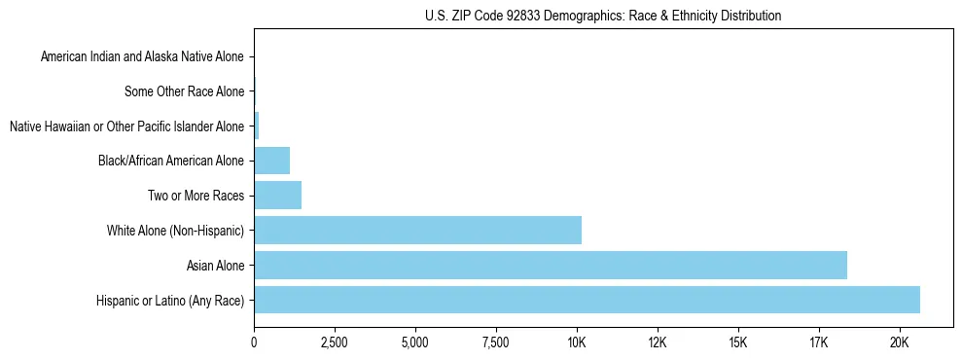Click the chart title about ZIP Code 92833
603,16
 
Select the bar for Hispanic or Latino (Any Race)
587,300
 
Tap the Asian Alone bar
551,265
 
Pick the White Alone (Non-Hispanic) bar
417,231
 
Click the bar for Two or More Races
277,196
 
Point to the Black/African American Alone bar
271,161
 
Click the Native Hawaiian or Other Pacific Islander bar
256,126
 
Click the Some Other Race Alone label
184,92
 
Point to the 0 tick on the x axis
254,343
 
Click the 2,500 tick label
335,343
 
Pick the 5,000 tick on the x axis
415,343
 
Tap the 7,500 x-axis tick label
495,343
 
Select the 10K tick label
576,343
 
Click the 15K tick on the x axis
737,343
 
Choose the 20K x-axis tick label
899,343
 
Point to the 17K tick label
818,343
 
